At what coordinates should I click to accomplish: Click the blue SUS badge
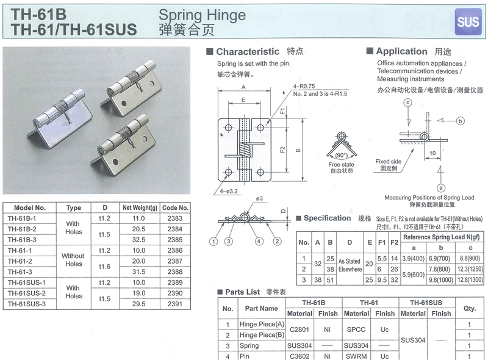468,22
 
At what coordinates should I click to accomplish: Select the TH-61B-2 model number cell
22,229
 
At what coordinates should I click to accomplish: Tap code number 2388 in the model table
175,272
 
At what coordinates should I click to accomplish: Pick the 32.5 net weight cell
138,240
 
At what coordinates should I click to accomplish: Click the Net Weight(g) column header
140,207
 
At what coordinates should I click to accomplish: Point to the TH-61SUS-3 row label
27,304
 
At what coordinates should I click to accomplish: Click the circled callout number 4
259,242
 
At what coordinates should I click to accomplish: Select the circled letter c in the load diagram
407,103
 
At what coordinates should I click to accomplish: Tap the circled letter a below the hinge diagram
440,188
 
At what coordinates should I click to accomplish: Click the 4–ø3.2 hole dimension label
228,191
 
